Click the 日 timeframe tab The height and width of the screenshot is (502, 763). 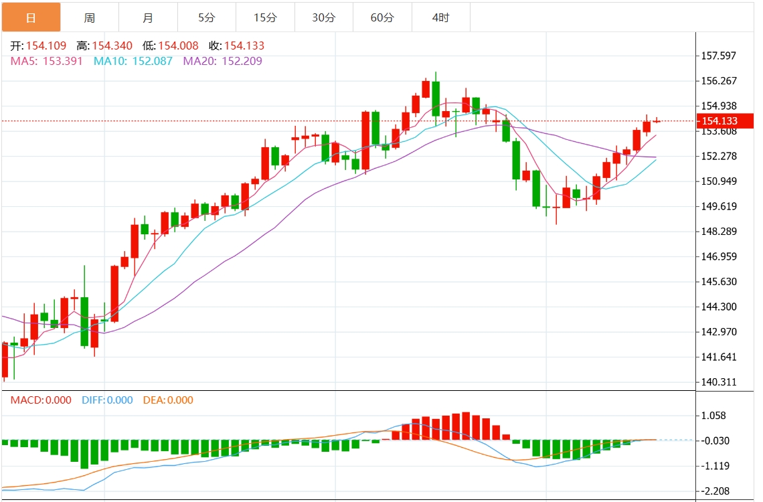coord(31,17)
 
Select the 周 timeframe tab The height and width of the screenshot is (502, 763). coord(90,17)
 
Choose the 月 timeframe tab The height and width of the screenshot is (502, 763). coord(148,17)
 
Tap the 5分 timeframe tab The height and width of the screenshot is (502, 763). coord(206,17)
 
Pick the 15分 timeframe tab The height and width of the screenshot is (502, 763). coord(265,17)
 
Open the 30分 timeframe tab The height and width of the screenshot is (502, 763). coord(323,17)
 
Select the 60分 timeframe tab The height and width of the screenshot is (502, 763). coord(382,17)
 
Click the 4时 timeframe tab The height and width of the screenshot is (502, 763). coord(440,17)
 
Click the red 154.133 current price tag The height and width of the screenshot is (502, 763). coord(725,121)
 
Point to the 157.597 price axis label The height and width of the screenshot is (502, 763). coord(719,56)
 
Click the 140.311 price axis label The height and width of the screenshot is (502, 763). coord(719,382)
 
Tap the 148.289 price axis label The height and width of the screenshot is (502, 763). coord(719,232)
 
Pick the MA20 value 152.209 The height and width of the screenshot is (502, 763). coord(236,61)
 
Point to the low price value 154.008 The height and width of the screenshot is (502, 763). coord(178,46)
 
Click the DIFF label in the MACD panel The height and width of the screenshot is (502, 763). coord(94,400)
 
